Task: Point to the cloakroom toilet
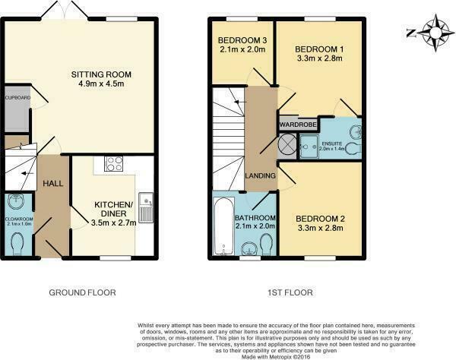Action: (20, 242)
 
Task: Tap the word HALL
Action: (53, 184)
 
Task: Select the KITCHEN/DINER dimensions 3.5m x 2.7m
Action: (113, 223)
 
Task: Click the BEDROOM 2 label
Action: (320, 219)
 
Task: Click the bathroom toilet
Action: (265, 243)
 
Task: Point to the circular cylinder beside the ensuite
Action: (287, 144)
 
